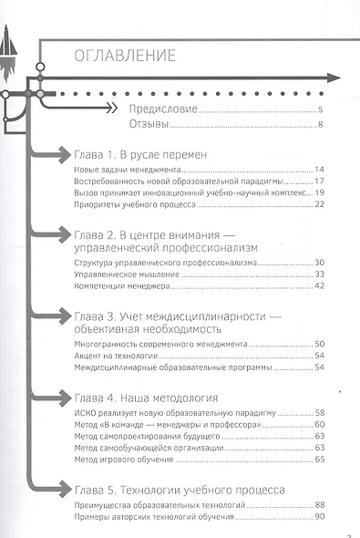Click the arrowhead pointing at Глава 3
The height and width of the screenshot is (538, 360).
click(x=58, y=316)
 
